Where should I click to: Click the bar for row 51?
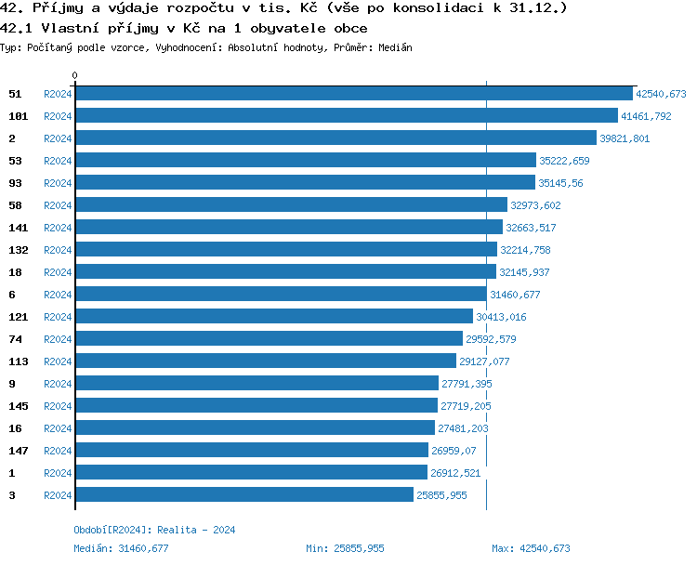(353, 94)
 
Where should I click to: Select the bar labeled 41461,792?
(346, 116)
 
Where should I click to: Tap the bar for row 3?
(243, 495)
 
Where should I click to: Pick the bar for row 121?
(273, 317)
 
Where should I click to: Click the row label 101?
(18, 116)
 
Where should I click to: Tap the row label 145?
(18, 406)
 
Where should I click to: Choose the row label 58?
(15, 205)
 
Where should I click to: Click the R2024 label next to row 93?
(58, 183)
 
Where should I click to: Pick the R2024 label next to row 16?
(58, 428)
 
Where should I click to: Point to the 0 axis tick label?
(75, 76)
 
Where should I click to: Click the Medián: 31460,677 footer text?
(121, 548)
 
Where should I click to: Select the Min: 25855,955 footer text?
(345, 548)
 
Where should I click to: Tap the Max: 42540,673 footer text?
(531, 548)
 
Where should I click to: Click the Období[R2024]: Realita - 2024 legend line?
(154, 530)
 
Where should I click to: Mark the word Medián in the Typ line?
(395, 47)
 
